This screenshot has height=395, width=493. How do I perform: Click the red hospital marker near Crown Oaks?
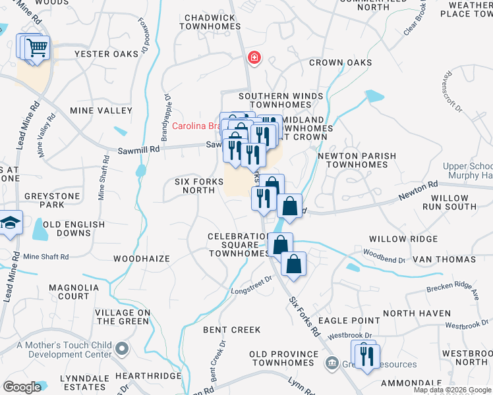pos(253,59)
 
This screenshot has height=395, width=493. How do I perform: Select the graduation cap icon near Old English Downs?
pos(9,223)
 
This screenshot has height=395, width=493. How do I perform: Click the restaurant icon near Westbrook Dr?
pos(367,355)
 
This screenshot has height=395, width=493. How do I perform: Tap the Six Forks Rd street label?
pos(304,317)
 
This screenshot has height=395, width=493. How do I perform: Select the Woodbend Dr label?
pos(384,255)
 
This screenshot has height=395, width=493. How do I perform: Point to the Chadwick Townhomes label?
pos(210,22)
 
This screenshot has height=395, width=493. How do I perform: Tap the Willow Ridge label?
pos(403,239)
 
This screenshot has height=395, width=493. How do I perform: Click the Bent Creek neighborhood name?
pos(232,329)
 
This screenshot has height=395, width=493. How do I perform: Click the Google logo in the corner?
pos(22,386)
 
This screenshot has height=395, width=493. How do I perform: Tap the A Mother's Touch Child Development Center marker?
pos(121,348)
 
